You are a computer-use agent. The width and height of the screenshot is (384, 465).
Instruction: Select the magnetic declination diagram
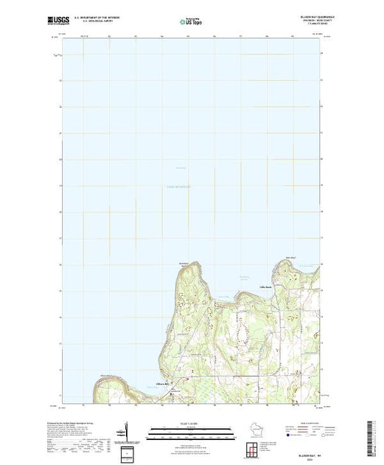pos(126,432)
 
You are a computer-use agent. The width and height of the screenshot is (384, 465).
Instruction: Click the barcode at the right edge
pos(374,433)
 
